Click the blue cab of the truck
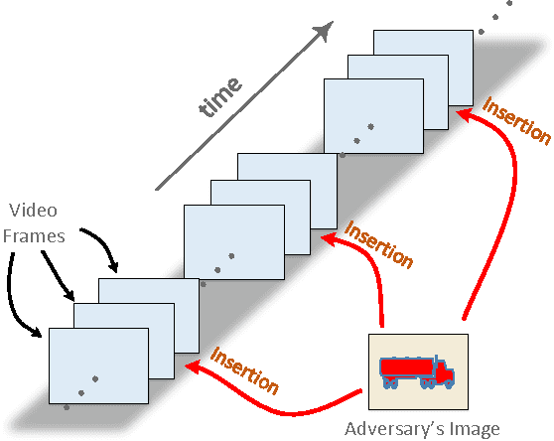coord(444,372)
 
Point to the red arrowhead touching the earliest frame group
coord(193,365)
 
